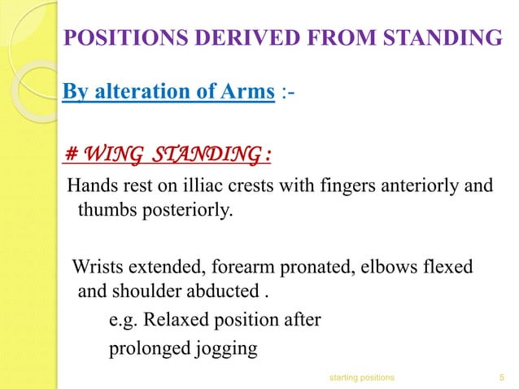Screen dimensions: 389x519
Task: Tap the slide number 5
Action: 499,377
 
